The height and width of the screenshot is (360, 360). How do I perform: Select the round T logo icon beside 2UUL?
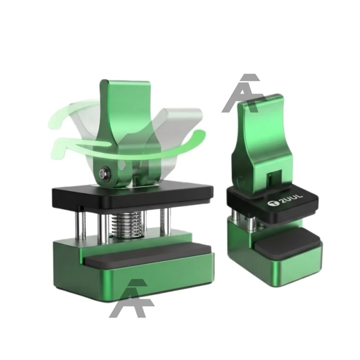pos(271,203)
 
